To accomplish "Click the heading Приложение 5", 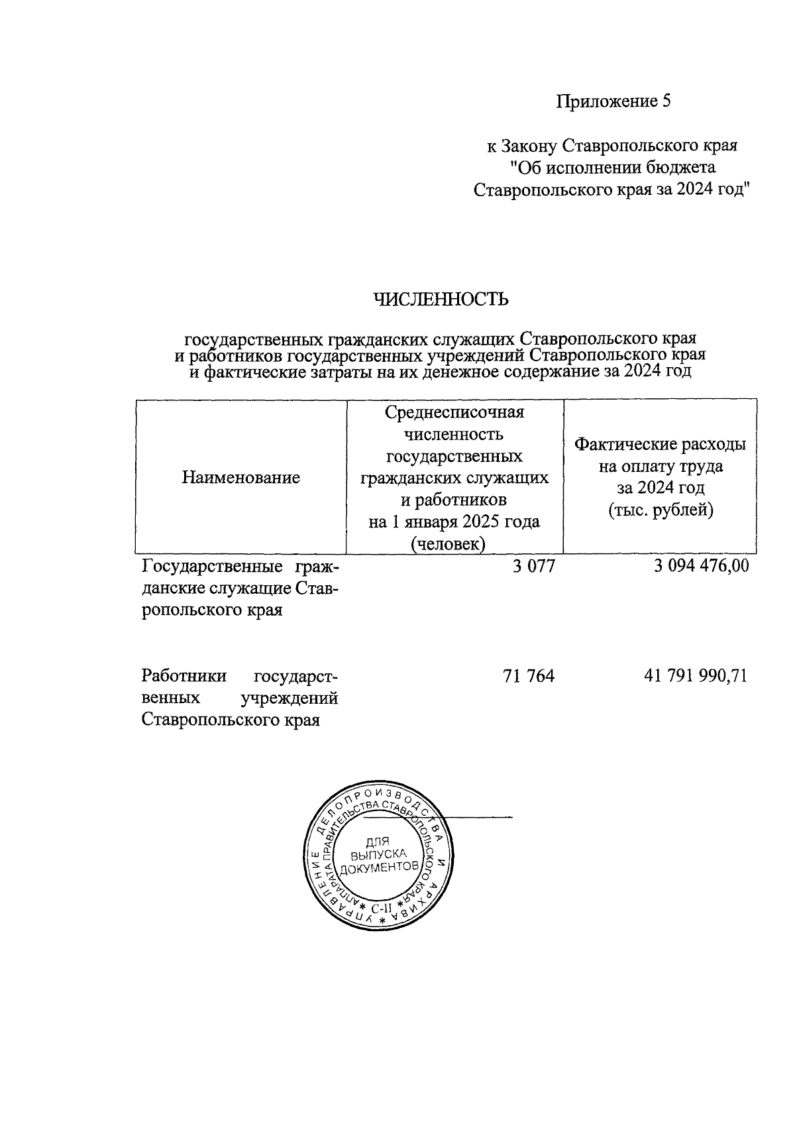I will pos(613,101).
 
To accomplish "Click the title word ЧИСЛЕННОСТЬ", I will pos(442,300).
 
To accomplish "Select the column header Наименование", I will pos(240,477).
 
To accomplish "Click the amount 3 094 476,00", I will pos(701,566).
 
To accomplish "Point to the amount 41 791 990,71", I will pos(696,676).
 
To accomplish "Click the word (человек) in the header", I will pos(454,544).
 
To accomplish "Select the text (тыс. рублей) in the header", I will pos(661,510).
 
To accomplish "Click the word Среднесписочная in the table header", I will pos(454,412).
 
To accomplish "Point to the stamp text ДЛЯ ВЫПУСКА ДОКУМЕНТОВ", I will pos(380,854).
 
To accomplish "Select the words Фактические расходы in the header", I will pos(660,444).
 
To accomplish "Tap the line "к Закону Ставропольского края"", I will pos(612,145).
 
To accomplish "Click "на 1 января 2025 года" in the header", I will pos(454,522).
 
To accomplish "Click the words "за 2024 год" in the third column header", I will pos(660,488).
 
